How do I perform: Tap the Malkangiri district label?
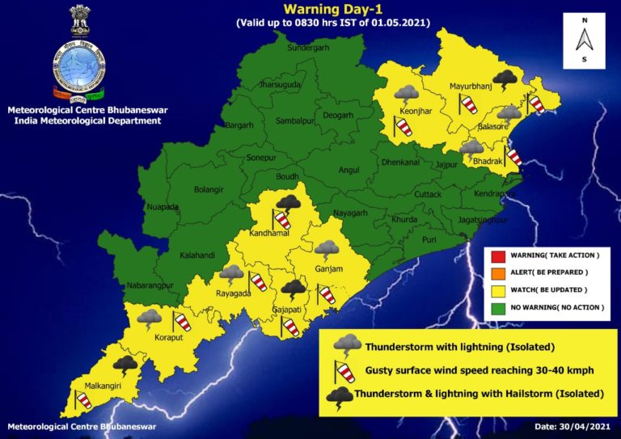click(94, 386)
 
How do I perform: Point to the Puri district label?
click(429, 239)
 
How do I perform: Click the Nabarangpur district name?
click(151, 285)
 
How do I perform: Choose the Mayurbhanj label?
click(469, 85)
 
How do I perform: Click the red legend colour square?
click(498, 256)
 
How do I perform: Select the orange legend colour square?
click(498, 273)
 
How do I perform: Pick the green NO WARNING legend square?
click(498, 307)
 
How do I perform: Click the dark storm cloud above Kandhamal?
click(287, 202)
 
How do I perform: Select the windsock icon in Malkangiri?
click(82, 399)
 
